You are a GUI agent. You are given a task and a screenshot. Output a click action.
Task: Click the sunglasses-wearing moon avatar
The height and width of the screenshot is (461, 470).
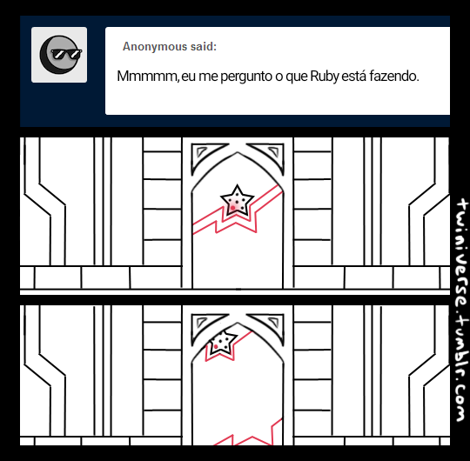tap(60, 55)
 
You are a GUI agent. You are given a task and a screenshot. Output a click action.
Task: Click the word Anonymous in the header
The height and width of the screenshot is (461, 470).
tap(155, 46)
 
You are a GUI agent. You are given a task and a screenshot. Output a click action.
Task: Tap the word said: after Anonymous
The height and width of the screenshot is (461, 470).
tap(203, 46)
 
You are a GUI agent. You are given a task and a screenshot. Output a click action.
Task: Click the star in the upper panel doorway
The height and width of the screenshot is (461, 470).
tap(237, 200)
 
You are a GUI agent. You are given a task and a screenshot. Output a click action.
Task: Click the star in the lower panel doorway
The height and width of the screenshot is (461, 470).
tap(223, 342)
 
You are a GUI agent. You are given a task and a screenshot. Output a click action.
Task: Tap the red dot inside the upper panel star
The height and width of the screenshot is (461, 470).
tap(233, 208)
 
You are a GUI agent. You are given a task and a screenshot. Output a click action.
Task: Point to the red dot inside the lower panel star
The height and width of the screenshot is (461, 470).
tap(216, 347)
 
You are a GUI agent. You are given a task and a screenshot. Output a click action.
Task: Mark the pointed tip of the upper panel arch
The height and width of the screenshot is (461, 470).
tap(238, 152)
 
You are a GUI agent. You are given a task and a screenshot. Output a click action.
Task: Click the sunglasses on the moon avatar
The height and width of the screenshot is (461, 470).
tap(66, 54)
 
